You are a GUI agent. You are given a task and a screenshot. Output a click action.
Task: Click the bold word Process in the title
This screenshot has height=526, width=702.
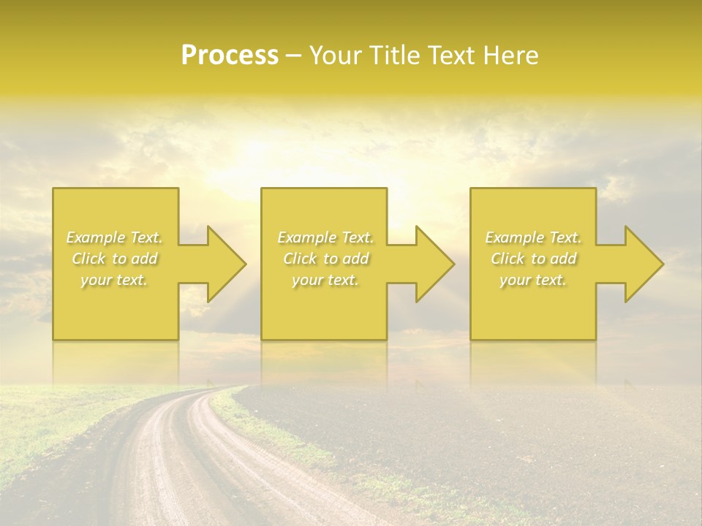click(230, 56)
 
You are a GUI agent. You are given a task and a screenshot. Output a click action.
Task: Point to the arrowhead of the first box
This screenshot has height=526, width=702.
click(223, 264)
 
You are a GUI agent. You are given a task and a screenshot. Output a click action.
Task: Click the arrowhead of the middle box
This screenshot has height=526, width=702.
click(431, 264)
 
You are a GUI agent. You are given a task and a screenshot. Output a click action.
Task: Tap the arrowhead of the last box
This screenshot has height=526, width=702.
click(641, 264)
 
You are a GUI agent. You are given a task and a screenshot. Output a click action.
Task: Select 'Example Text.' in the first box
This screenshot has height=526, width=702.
click(114, 237)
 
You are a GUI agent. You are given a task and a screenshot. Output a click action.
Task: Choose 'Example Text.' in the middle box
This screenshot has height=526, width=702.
click(325, 237)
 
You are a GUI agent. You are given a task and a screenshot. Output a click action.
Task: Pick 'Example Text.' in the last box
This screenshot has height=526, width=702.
click(533, 237)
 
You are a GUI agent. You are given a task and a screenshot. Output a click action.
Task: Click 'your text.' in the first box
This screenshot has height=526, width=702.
click(114, 280)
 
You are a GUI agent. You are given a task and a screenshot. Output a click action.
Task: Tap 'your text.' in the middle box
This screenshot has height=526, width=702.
click(325, 280)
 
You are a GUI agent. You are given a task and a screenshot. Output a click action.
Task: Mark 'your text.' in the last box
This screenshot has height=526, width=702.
click(533, 280)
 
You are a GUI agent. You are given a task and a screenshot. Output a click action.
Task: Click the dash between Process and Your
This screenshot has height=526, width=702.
click(293, 56)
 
